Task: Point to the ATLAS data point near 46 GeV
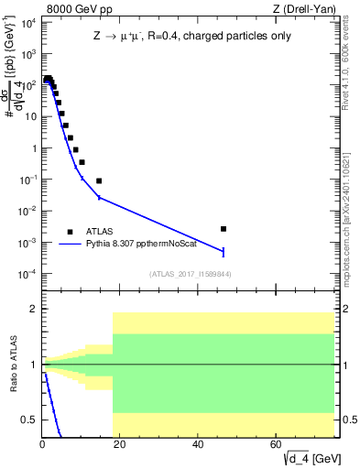pyautogui.click(x=224, y=229)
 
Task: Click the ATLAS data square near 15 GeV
pyautogui.click(x=99, y=180)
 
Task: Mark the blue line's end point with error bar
pyautogui.click(x=224, y=251)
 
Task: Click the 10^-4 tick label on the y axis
pyautogui.click(x=27, y=275)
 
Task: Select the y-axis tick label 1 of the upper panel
pyautogui.click(x=33, y=148)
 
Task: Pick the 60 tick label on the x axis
pyautogui.click(x=276, y=444)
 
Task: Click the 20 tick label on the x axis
pyautogui.click(x=120, y=444)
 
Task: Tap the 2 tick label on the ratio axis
pyautogui.click(x=33, y=309)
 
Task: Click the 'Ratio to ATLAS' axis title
pyautogui.click(x=14, y=365)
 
